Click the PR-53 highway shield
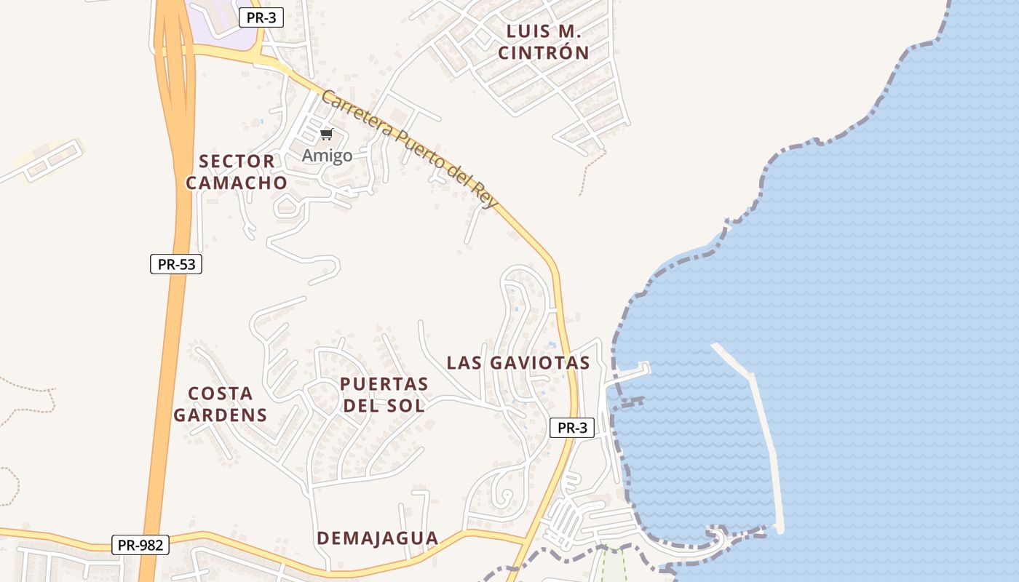(x=176, y=264)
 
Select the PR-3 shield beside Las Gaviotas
(x=571, y=428)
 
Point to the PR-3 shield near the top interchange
(x=261, y=18)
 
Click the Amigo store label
(x=327, y=155)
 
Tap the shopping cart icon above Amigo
(x=327, y=135)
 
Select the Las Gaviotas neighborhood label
(x=518, y=362)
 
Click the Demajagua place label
(x=377, y=538)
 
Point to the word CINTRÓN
(x=543, y=52)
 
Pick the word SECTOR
(x=237, y=161)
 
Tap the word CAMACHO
(x=237, y=183)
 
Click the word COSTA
(x=221, y=394)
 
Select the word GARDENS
(x=220, y=415)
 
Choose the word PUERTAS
(x=384, y=383)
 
